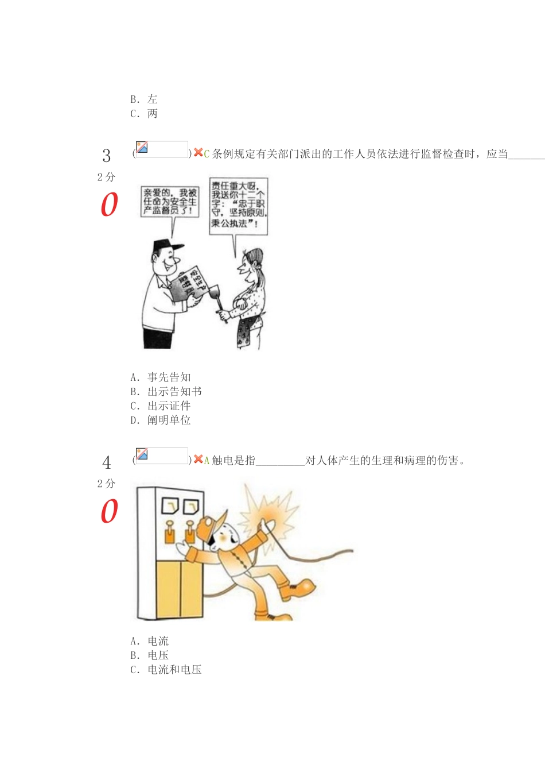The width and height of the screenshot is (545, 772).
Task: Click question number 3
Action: (x=107, y=156)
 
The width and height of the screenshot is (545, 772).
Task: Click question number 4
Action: (x=107, y=462)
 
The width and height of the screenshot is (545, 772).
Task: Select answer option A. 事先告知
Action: (x=161, y=377)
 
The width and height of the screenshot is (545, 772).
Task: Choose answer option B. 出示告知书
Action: (x=166, y=392)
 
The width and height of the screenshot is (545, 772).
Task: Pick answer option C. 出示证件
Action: (x=161, y=406)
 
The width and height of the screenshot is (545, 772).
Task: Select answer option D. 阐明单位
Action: (x=161, y=420)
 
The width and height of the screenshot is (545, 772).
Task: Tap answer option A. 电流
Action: (x=150, y=641)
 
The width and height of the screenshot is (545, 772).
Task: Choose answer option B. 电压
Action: (x=150, y=655)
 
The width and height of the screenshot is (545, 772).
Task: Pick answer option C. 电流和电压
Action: (x=166, y=670)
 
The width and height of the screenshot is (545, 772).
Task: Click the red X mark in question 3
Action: (x=198, y=153)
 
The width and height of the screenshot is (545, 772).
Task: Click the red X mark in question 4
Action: (x=198, y=460)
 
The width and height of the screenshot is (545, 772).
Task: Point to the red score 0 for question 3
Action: (x=109, y=204)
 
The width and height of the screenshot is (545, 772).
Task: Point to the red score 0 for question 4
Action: (x=109, y=511)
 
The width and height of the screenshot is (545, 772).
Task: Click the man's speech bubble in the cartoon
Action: (x=170, y=202)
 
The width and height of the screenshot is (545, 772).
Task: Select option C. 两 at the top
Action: (x=144, y=114)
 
